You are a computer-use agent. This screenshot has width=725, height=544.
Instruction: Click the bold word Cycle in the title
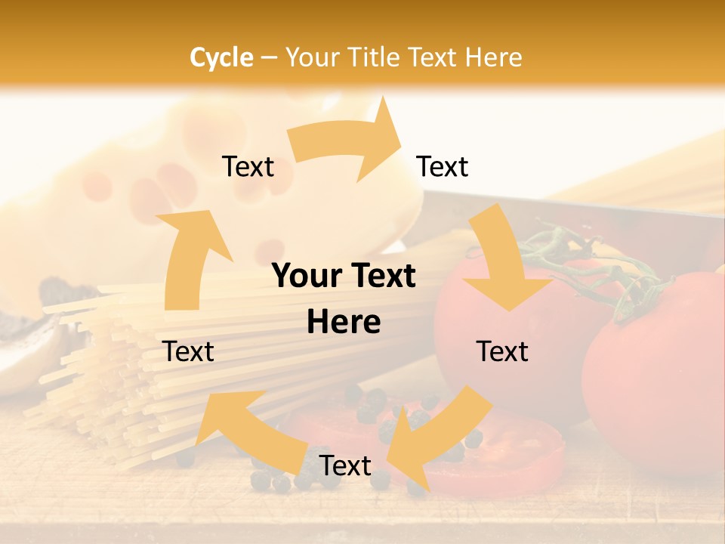pos(221,57)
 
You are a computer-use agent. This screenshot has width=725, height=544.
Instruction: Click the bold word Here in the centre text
pos(344,323)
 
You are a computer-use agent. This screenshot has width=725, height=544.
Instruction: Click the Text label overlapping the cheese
pos(248,167)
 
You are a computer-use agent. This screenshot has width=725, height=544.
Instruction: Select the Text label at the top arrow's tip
pos(443,167)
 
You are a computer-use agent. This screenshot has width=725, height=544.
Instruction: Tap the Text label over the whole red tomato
pos(502,351)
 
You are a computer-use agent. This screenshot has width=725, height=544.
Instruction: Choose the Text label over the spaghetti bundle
pos(188,351)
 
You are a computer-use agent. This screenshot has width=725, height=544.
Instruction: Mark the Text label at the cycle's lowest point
pos(345,466)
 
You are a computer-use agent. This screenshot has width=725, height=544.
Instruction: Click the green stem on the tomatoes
pos(597,264)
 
